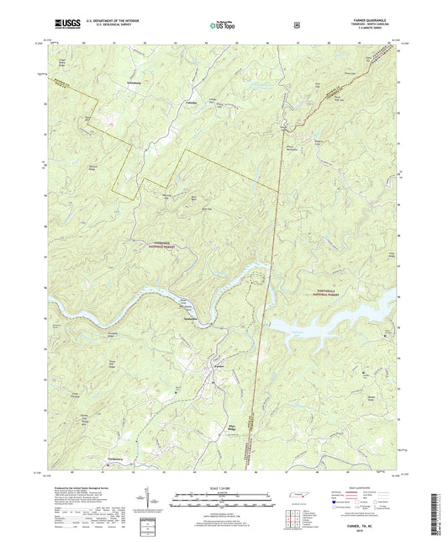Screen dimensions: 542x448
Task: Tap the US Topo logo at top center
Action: point(223,26)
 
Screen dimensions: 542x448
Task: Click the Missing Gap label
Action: point(166,194)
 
